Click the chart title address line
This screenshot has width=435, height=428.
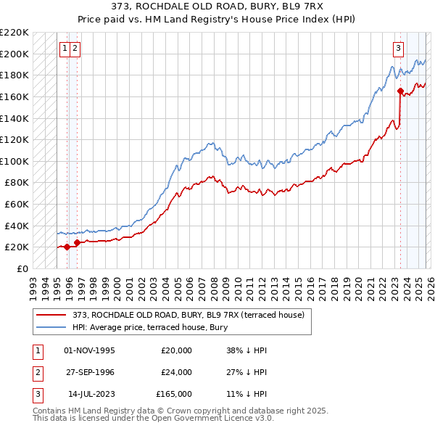coord(217,7)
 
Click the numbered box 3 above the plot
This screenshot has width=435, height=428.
coord(399,49)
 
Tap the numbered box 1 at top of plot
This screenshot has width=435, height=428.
coord(65,49)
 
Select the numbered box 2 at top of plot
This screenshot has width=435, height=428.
coord(75,49)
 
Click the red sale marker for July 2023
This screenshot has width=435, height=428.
coord(400,91)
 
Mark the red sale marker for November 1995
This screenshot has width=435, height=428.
coord(67,247)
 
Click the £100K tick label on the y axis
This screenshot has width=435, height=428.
coord(14,161)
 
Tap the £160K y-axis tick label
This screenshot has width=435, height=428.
coord(14,96)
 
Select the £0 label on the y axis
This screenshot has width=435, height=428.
coord(22,268)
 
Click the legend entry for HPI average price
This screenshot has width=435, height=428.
coord(150,327)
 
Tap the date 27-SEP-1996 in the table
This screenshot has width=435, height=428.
coord(89,372)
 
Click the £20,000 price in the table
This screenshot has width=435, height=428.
coord(176,350)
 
